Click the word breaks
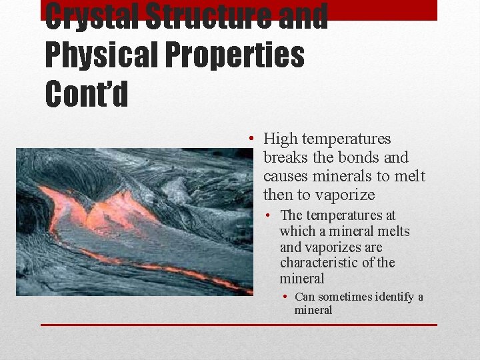tap(285, 158)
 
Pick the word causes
tap(286, 177)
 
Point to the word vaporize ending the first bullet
tap(346, 195)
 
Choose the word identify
tap(393, 297)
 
